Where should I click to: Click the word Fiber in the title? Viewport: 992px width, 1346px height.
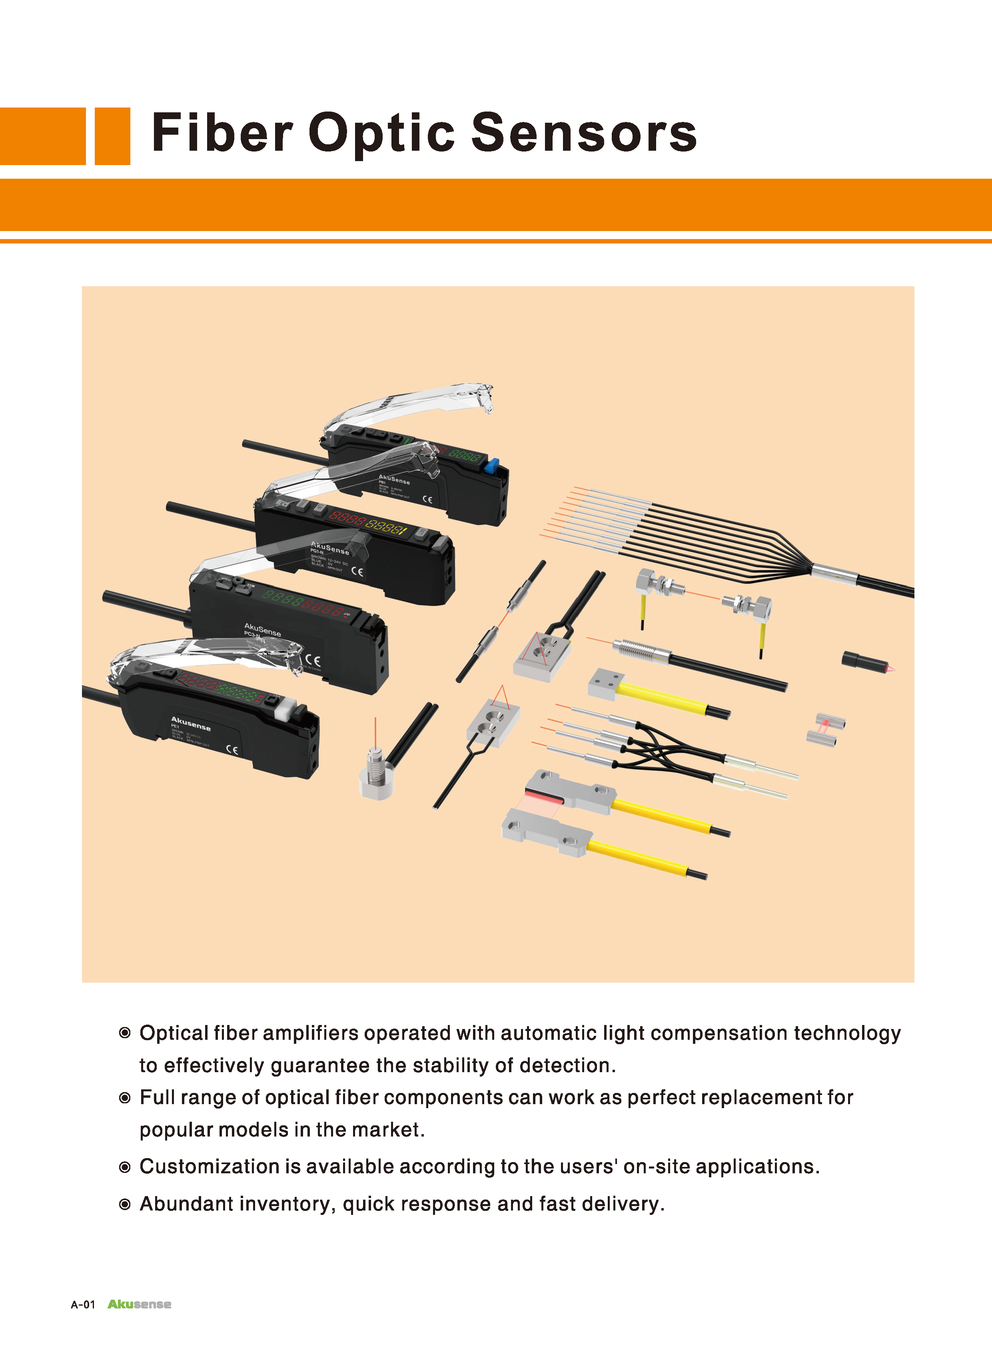(222, 133)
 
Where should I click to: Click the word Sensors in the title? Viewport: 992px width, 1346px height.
(584, 133)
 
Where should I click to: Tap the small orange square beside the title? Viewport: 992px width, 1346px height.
(112, 136)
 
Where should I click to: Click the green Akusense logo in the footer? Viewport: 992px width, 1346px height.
(139, 1304)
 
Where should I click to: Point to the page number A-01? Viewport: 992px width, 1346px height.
(83, 1304)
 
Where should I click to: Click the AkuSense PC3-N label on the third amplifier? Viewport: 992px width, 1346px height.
(262, 630)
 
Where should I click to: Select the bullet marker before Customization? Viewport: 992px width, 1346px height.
(125, 1167)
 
